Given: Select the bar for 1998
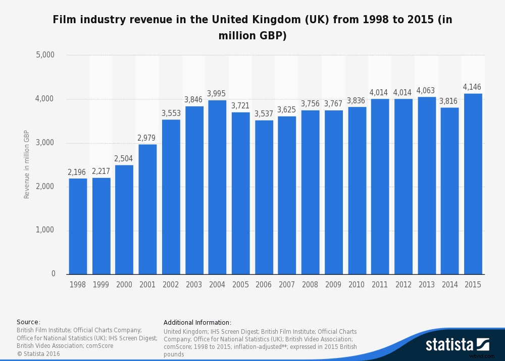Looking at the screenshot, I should pos(78,226).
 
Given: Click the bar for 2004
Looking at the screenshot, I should pos(217,187).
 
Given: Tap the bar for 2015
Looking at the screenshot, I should pos(473,184).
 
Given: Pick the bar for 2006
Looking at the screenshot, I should pos(264,197).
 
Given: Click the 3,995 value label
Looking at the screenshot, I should pos(217,94).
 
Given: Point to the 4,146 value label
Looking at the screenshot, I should pos(473,87).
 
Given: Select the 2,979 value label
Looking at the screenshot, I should pos(147,138).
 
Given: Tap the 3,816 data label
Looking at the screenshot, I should pos(449,101).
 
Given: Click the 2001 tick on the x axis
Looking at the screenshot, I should pos(147,285).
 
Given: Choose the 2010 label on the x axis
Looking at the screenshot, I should pos(357,285).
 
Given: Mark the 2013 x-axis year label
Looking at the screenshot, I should pos(426,285).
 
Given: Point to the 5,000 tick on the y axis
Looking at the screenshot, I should pos(45,55).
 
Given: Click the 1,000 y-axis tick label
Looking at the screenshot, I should pos(45,230).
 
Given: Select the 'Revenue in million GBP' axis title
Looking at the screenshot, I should pos(27,164).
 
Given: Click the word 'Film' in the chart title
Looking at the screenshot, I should pos(63,21).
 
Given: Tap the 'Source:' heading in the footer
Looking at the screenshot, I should pos(28,322).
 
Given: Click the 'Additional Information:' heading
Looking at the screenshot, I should pos(197,322).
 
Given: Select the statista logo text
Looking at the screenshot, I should pos(449,345).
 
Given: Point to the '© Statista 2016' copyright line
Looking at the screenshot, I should pos(38,353).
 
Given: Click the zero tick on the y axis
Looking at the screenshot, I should pos(53,274).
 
